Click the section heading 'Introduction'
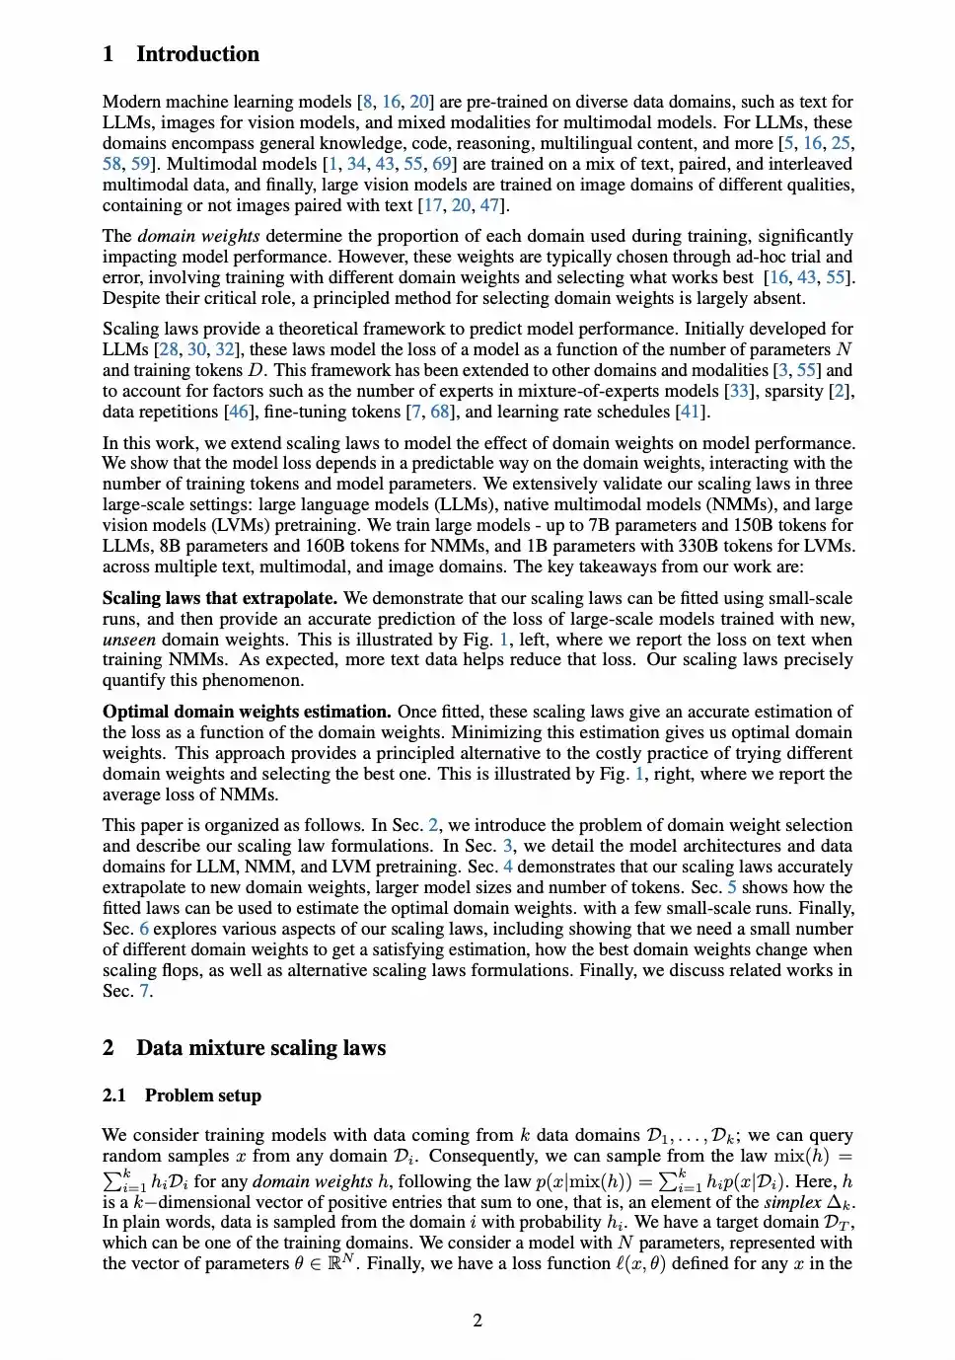tap(197, 54)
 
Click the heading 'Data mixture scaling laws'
tap(260, 1048)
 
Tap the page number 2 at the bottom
tap(477, 1321)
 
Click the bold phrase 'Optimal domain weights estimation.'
tap(247, 712)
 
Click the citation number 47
tap(489, 205)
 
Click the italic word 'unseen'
tap(129, 640)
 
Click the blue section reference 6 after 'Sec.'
tap(144, 929)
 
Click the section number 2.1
tap(114, 1096)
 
